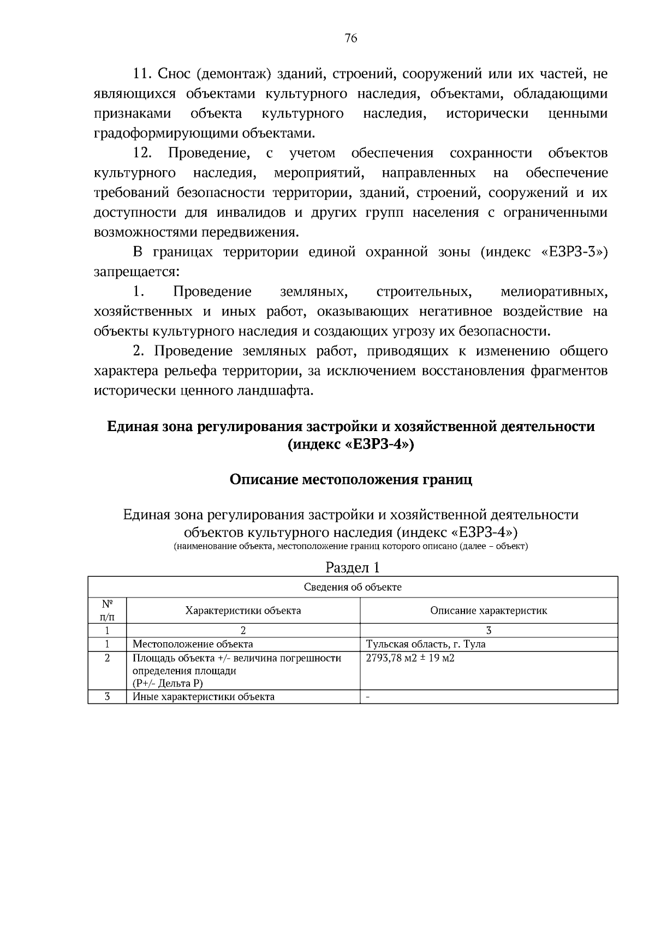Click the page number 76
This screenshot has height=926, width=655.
(351, 38)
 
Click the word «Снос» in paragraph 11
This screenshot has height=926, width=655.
(174, 74)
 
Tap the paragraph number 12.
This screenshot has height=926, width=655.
(143, 153)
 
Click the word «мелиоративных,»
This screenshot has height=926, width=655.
(553, 292)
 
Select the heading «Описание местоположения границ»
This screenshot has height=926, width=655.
(351, 480)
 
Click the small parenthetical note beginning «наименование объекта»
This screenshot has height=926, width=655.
(351, 546)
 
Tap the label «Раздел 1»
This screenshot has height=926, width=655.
(352, 567)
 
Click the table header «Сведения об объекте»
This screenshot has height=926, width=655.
(353, 587)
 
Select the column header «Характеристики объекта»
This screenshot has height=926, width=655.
(243, 611)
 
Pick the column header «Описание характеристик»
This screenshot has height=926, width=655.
(489, 611)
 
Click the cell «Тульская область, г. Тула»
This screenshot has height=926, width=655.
(425, 644)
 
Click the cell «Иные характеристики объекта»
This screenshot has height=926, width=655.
(204, 697)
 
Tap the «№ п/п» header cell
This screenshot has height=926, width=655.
(107, 611)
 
